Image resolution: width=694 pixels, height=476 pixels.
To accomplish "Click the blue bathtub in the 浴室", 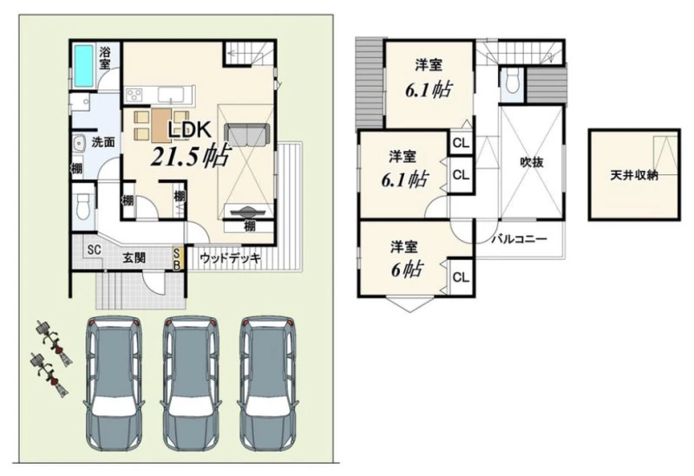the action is (84, 66).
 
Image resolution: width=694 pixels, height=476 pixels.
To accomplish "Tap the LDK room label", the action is (188, 129).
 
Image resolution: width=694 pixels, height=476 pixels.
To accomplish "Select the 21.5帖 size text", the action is (190, 155).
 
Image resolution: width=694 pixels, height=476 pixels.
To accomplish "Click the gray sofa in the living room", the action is (247, 135).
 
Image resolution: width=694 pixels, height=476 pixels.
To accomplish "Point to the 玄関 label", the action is (134, 258).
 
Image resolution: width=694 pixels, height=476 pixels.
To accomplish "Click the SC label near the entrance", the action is (94, 250).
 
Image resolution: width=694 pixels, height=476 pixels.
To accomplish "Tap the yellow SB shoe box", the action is (176, 258).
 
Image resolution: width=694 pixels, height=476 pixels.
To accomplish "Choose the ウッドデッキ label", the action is (230, 258).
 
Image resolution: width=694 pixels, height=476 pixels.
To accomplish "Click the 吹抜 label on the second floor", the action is (531, 162).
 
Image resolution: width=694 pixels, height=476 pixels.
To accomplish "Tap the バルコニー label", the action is (519, 239).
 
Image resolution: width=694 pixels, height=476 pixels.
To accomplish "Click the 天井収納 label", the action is (634, 175).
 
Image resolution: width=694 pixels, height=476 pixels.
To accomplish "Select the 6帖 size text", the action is (407, 270).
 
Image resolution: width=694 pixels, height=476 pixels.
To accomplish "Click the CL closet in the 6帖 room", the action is (461, 277).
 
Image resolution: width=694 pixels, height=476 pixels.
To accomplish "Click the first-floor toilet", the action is (83, 207).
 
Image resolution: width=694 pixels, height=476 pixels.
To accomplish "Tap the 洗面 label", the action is (103, 142).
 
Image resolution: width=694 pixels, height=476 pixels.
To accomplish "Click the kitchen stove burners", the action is (134, 94).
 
